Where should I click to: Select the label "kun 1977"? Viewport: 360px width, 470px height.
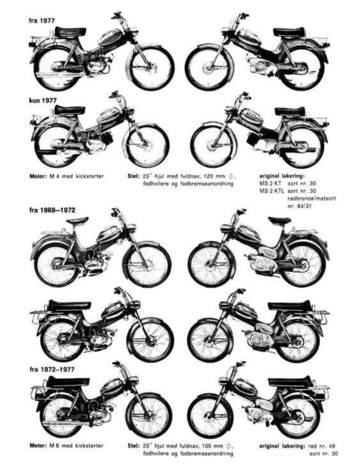(x=43, y=101)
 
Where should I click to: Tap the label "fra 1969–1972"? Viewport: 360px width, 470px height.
(x=52, y=210)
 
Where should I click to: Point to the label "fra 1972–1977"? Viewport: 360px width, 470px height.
(x=52, y=369)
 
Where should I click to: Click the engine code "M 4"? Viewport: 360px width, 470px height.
(x=54, y=176)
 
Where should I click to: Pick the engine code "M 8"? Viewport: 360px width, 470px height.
(x=54, y=446)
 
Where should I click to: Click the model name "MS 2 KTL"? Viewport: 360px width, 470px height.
(x=271, y=190)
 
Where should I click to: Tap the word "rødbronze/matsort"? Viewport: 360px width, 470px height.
(x=311, y=198)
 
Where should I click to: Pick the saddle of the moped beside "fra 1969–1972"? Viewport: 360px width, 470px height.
(x=77, y=221)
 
